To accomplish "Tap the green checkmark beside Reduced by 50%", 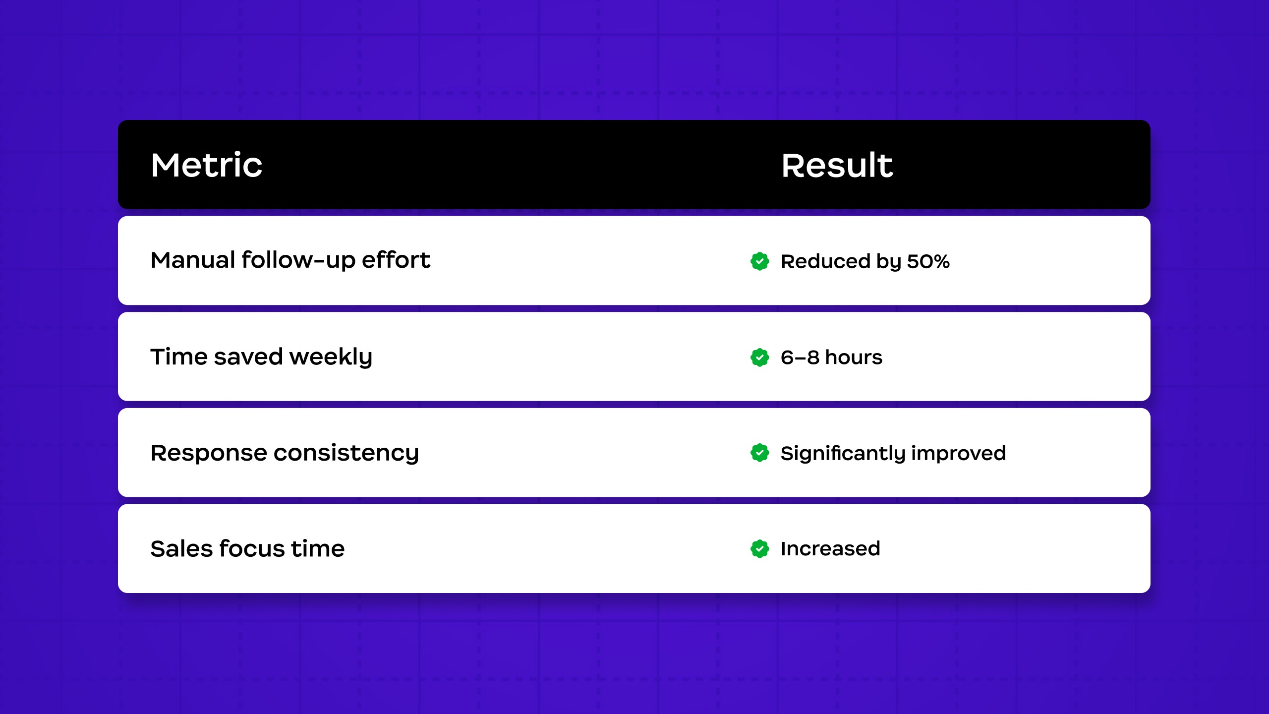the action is point(759,261).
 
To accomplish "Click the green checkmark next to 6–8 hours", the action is point(759,357).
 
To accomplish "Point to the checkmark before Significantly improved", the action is point(759,453).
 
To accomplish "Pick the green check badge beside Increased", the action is point(759,549).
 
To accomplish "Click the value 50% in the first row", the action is point(928,261).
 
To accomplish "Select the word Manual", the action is point(193,260).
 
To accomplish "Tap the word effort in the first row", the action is point(396,260).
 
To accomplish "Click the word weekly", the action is point(331,357).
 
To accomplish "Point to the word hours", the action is point(854,357).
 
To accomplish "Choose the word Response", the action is point(208,453).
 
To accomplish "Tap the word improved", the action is point(958,453).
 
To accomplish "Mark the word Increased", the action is point(830,549).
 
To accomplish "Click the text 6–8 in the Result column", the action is point(800,357).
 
